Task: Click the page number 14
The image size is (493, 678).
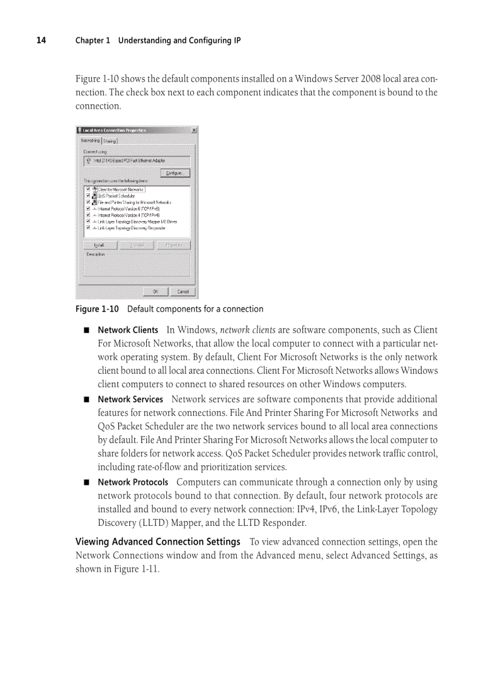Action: [40, 40]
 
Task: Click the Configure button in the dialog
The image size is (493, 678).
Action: [175, 173]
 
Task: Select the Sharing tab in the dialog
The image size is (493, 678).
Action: [110, 141]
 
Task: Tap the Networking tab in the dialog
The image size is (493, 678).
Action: [91, 141]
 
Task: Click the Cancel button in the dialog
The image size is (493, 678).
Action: [182, 292]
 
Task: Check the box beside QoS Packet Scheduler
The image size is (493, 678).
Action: [88, 196]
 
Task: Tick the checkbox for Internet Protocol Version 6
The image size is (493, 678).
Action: [88, 208]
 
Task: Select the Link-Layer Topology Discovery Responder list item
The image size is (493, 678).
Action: [132, 228]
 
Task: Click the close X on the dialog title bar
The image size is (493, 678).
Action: [193, 130]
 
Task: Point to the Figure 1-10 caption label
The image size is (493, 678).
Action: [96, 309]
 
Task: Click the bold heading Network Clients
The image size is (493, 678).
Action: [128, 330]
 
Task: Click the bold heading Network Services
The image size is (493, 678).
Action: [130, 400]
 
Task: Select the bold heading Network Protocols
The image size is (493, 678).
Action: [133, 482]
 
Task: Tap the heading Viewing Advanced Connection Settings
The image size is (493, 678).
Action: [158, 542]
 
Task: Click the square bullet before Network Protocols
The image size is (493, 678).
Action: [86, 482]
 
